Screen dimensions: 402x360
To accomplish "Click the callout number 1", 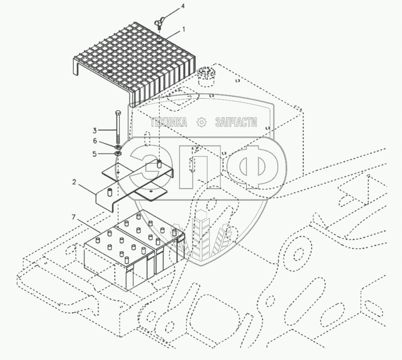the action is [183, 29].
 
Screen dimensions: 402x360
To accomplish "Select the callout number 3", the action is [94, 130].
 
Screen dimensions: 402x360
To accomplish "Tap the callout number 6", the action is [95, 141].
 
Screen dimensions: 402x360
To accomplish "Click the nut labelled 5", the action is [118, 153].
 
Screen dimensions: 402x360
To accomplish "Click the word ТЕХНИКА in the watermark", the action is [169, 122].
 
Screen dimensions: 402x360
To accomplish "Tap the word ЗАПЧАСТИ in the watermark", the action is [236, 122].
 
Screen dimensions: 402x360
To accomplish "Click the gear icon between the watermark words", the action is [201, 122].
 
